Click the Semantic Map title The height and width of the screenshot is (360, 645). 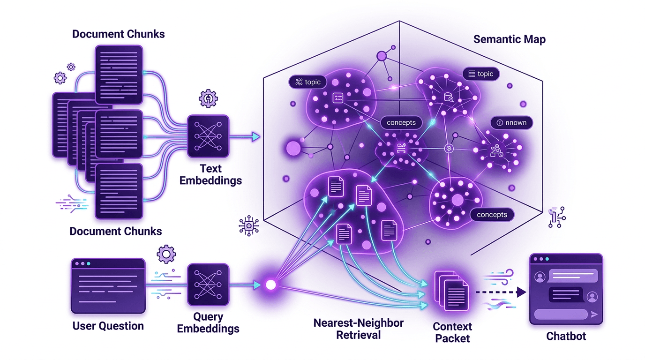point(509,39)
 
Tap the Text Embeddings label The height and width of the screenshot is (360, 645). point(210,174)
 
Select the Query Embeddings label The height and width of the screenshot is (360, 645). point(208,322)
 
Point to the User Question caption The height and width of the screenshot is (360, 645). point(108,326)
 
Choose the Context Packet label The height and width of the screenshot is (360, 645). point(452,332)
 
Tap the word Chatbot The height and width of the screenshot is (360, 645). point(566,336)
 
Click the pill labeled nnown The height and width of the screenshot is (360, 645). point(511,123)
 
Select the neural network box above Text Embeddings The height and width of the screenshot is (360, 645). point(208,136)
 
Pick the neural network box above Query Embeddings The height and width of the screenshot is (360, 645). point(208,284)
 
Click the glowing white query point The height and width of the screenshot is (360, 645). point(270,285)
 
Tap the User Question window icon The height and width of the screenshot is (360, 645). point(108,285)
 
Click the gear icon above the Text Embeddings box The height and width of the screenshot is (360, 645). point(208,99)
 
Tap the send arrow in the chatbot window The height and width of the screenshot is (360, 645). point(595,315)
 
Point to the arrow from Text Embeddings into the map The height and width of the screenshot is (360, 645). point(244,136)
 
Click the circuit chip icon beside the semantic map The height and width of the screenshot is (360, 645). point(249,226)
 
